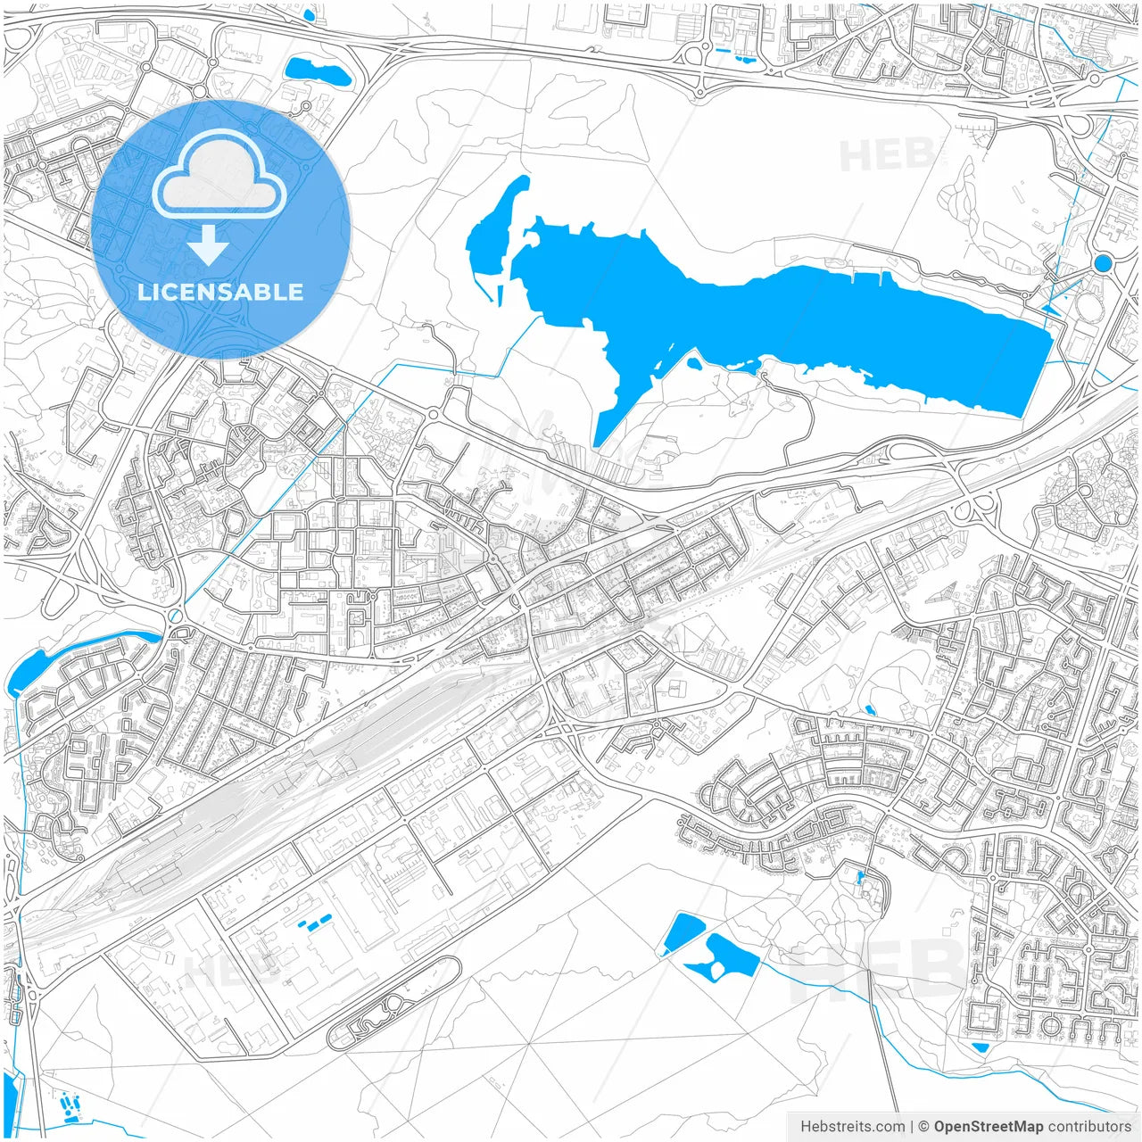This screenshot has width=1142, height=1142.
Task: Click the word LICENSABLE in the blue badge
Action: coord(220,292)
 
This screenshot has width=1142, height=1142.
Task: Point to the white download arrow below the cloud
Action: coord(208,244)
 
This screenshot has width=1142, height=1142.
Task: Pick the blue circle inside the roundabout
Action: coord(1103,262)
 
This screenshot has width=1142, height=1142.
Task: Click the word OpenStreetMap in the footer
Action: coord(989,1127)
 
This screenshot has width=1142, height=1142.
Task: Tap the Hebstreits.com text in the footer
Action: coord(852,1127)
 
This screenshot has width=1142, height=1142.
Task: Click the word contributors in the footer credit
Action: coord(1089,1127)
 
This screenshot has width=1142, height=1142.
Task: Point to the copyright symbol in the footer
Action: coord(924,1127)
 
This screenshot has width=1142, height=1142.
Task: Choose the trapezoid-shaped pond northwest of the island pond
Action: coord(682,933)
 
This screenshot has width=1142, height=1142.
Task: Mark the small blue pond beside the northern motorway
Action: coord(316,71)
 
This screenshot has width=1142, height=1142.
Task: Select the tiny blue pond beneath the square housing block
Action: coord(980,1047)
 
